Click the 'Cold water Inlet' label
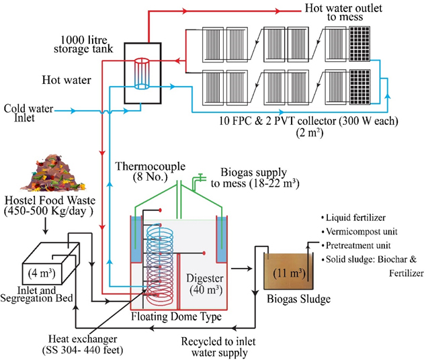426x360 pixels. [x=28, y=114]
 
